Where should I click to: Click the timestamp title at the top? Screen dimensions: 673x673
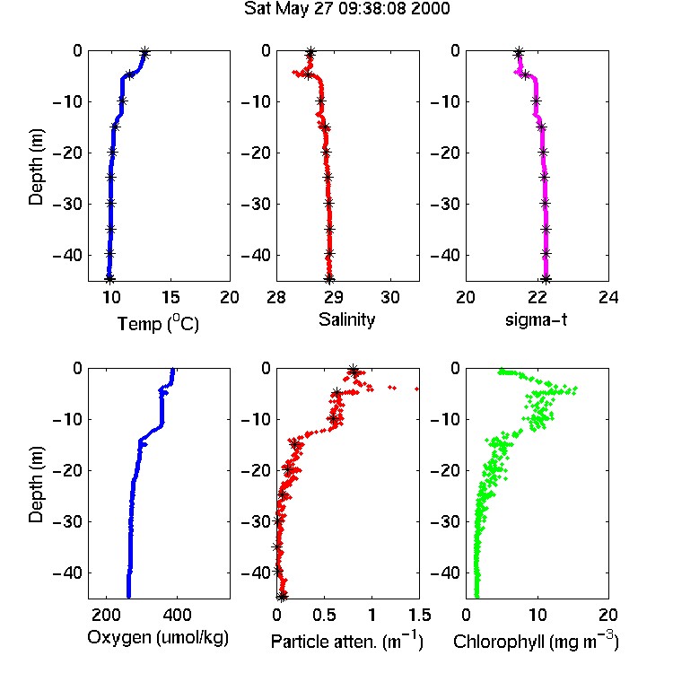coord(346,9)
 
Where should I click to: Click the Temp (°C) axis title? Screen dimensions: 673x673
coord(158,323)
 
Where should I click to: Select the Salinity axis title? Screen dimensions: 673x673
coord(346,319)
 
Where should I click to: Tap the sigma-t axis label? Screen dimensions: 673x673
coord(536,319)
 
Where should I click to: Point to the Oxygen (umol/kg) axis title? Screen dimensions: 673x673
coord(158,638)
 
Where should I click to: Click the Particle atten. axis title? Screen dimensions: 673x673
coord(346,641)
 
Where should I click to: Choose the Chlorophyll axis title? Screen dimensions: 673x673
coord(536,641)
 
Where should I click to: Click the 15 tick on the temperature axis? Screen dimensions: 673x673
coord(170,297)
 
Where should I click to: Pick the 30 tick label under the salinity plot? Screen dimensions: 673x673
coord(390,297)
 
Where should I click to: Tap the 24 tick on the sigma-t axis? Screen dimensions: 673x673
coord(608,297)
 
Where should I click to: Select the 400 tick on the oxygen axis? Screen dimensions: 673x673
coord(177,615)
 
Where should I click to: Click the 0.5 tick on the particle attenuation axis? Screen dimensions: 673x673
coord(324,615)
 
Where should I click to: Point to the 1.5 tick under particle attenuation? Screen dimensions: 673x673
coord(419,615)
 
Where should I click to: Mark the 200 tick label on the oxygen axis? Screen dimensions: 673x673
coord(106,615)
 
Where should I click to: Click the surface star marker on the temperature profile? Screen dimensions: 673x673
coord(144,53)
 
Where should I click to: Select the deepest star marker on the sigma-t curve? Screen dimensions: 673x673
coord(546,279)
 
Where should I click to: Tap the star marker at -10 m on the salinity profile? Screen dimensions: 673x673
coord(320,101)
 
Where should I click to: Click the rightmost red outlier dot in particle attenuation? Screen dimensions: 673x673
coord(416,389)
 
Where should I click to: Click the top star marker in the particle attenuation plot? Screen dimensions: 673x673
coord(354,371)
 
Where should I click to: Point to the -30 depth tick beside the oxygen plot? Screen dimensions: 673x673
coord(67,521)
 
